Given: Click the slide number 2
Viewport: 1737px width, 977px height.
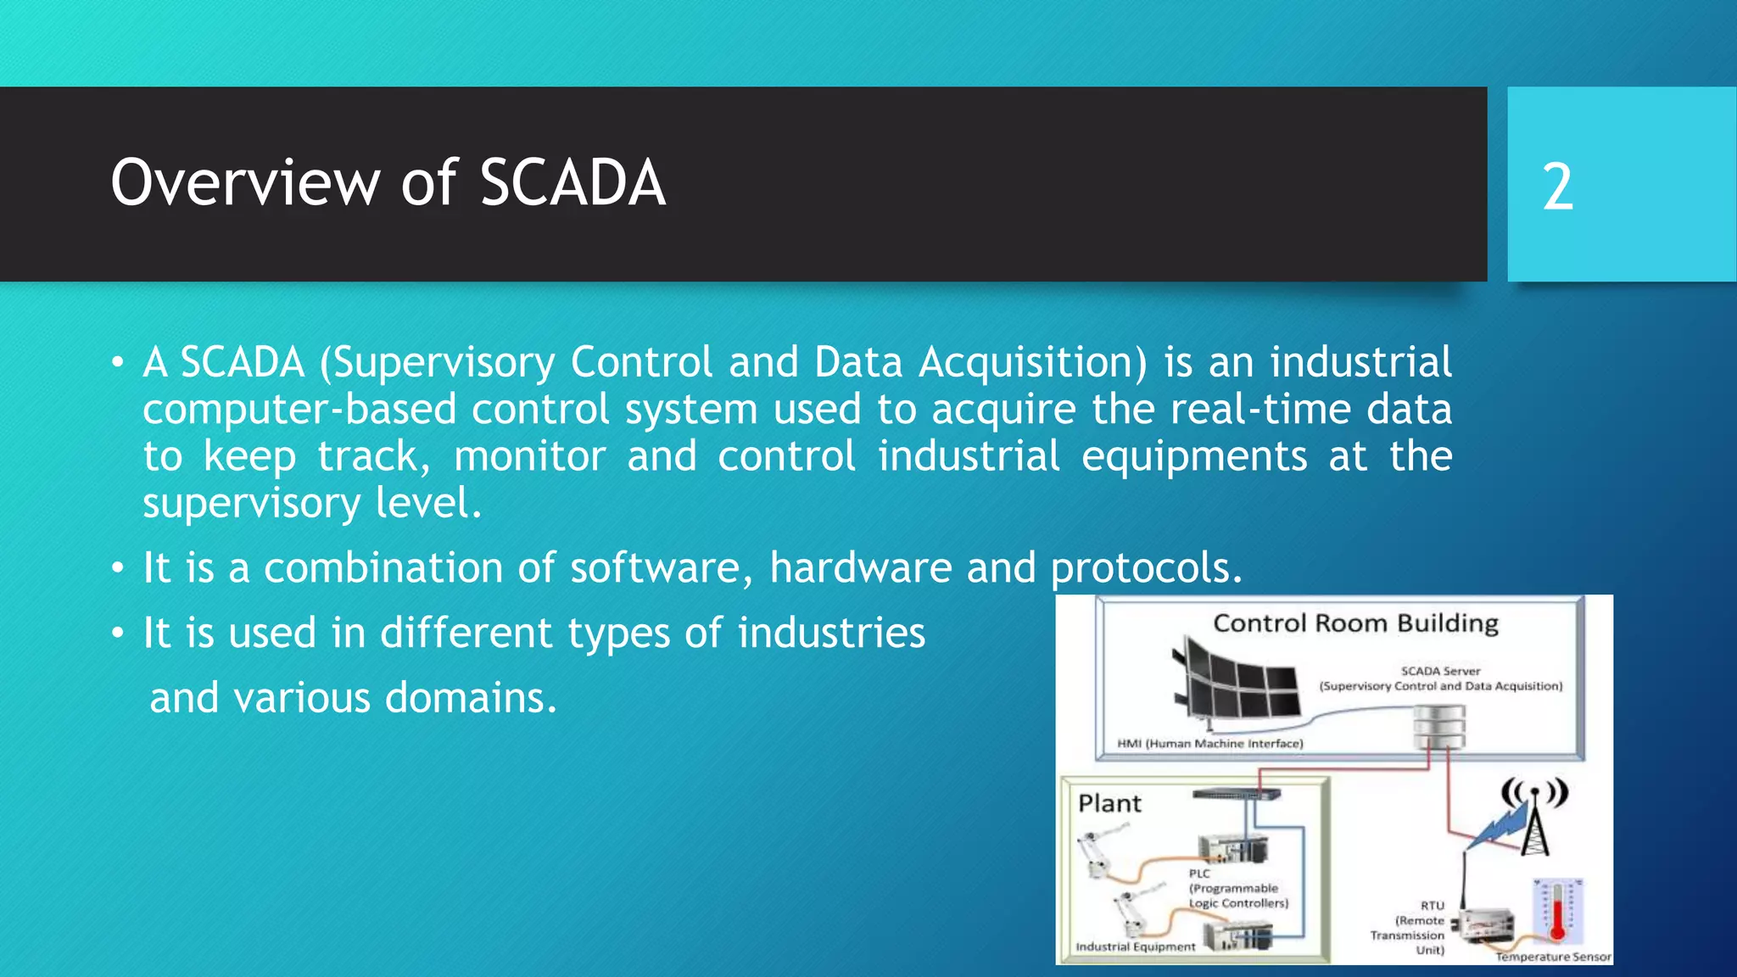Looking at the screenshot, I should pyautogui.click(x=1557, y=187).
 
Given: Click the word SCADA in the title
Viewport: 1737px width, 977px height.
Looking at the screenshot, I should pyautogui.click(x=572, y=183).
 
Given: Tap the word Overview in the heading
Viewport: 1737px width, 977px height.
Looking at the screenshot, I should pyautogui.click(x=245, y=183).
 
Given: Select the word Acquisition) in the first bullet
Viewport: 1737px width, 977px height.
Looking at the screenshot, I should pyautogui.click(x=1033, y=363).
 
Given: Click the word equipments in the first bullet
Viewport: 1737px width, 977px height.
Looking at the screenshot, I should pyautogui.click(x=1194, y=456).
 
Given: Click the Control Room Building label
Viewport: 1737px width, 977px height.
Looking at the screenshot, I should pyautogui.click(x=1355, y=623).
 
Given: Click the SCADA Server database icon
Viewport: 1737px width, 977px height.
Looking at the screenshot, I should pyautogui.click(x=1439, y=728).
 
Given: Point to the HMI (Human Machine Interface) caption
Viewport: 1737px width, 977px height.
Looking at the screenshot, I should pyautogui.click(x=1209, y=744).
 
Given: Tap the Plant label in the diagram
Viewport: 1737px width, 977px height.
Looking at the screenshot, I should pyautogui.click(x=1109, y=803).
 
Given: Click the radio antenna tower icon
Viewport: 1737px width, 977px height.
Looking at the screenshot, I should pyautogui.click(x=1535, y=818).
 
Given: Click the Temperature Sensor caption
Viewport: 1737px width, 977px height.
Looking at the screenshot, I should pyautogui.click(x=1553, y=957).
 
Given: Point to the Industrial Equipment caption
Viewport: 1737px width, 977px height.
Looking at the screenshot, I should pyautogui.click(x=1135, y=946).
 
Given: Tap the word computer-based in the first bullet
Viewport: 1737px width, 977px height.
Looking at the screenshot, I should pyautogui.click(x=299, y=410).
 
